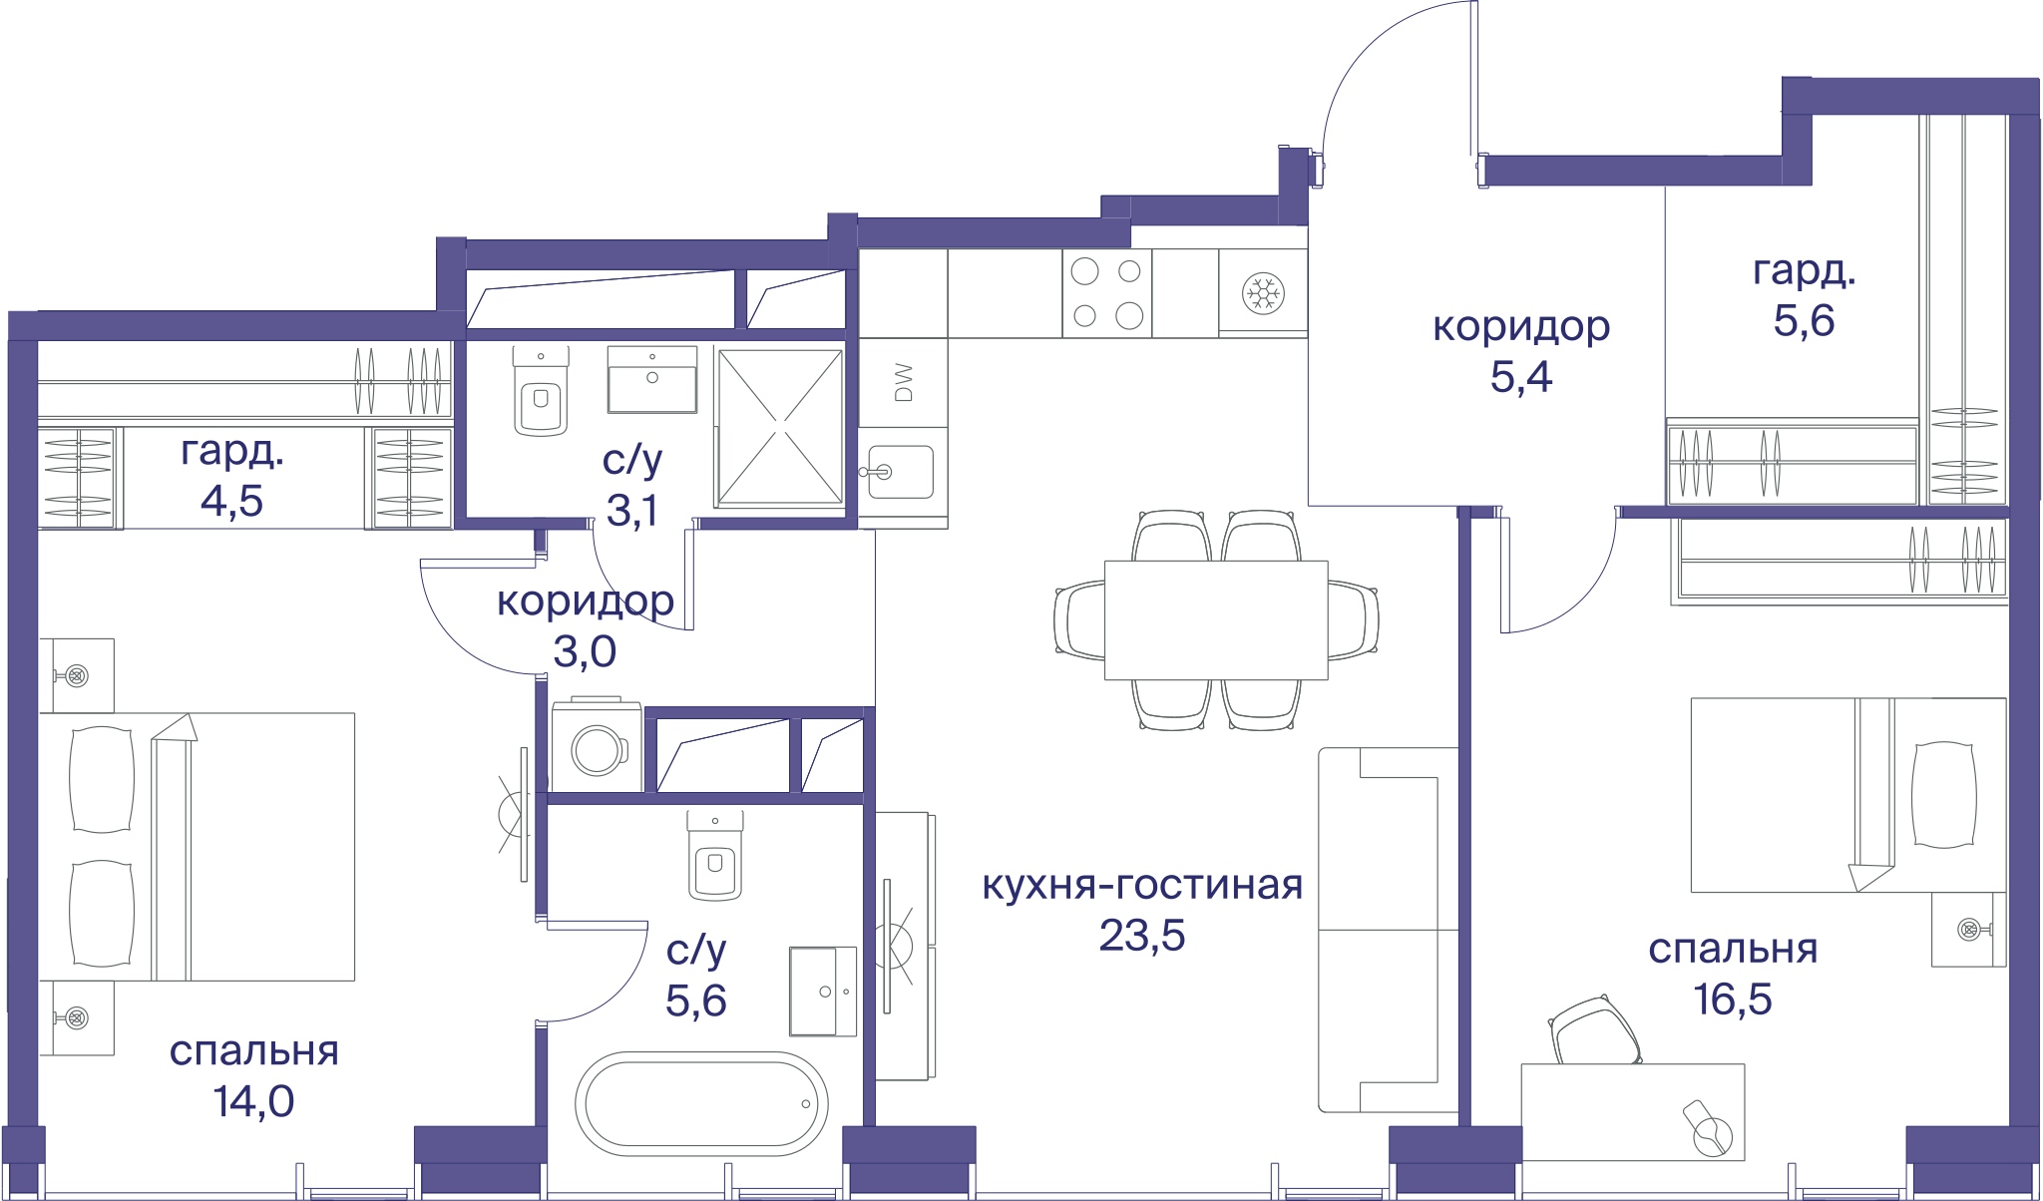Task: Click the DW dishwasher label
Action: tap(904, 382)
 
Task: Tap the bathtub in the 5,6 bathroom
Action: tap(701, 1103)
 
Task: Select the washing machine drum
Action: tap(597, 750)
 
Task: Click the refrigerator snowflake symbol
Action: tap(1263, 293)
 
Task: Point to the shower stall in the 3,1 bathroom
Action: tap(780, 426)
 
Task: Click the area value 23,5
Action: tap(1142, 936)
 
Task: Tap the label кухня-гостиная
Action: tap(1142, 885)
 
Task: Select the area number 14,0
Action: tap(253, 1101)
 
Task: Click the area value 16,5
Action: tap(1733, 999)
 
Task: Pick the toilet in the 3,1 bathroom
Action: tap(541, 391)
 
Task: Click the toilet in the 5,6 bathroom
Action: tap(715, 855)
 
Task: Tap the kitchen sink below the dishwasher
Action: tap(900, 472)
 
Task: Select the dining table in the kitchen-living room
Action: tap(1216, 619)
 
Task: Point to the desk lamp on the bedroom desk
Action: tap(1708, 1127)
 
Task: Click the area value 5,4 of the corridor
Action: tap(1521, 377)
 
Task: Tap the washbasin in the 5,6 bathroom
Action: tap(823, 992)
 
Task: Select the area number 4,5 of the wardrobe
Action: tap(231, 501)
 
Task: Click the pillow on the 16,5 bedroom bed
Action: tap(1943, 795)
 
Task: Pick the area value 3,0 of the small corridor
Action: tap(585, 652)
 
